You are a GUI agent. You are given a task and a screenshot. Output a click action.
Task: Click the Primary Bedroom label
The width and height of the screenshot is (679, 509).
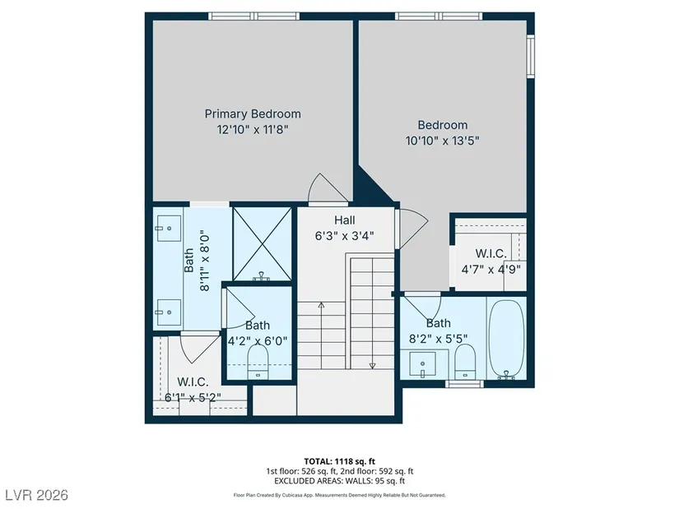click(x=253, y=113)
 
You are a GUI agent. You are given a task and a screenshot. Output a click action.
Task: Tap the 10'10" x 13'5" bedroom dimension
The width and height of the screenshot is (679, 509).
click(x=443, y=141)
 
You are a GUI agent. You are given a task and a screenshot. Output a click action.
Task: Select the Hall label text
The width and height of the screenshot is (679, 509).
click(x=345, y=220)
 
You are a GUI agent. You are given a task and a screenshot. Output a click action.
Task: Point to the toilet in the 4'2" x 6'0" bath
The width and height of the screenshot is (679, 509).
click(x=258, y=363)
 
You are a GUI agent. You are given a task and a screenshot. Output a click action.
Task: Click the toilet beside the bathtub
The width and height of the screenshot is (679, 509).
click(x=465, y=362)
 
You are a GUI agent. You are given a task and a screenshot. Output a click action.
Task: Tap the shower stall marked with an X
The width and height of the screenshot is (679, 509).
click(x=262, y=243)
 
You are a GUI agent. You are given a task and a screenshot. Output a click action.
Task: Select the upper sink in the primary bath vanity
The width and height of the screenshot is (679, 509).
click(x=169, y=228)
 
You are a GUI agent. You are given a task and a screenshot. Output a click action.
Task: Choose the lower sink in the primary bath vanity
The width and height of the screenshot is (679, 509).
click(x=169, y=312)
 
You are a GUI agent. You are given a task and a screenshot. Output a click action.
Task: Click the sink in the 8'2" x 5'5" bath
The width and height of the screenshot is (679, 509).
click(x=423, y=364)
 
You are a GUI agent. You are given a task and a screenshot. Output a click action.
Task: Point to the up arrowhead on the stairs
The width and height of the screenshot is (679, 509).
click(x=321, y=305)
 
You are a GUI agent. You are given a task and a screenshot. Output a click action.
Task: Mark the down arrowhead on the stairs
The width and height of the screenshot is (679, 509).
click(x=372, y=366)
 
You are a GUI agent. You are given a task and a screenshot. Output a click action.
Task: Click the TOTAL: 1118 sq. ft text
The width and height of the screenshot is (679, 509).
click(x=339, y=461)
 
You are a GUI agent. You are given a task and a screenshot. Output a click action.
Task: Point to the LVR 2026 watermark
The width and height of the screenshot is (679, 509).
click(x=36, y=495)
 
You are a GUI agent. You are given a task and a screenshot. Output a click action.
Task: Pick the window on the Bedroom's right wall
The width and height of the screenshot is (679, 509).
click(x=531, y=56)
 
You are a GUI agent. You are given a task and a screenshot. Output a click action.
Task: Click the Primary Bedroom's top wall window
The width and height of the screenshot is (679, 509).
click(x=253, y=16)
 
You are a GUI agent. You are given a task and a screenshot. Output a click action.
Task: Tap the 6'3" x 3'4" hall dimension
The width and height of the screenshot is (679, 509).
click(x=344, y=236)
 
